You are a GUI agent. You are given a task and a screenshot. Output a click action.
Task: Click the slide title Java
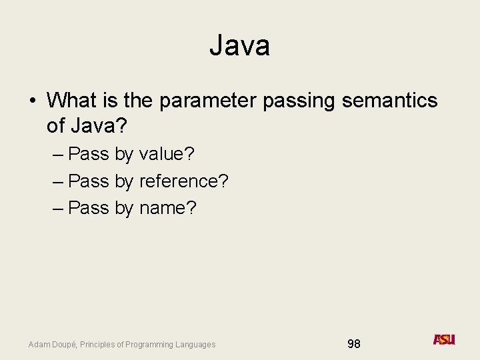coord(239,45)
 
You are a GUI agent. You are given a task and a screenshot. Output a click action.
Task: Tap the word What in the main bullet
coord(73,101)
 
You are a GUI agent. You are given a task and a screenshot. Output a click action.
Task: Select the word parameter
coord(208,101)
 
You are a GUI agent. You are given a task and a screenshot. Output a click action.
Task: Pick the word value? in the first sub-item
coord(167,154)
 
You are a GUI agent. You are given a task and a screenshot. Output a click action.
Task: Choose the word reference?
coord(184,181)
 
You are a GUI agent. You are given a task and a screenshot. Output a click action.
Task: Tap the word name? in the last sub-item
coord(168,208)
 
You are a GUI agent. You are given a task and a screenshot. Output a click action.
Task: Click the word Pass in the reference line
coord(89,181)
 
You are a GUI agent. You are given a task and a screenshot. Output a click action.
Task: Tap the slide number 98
coord(354,344)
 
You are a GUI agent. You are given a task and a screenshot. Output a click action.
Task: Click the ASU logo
coord(444,339)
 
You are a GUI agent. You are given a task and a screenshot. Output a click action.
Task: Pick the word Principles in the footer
coord(97,345)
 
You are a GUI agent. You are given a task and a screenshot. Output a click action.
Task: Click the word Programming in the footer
coord(153,345)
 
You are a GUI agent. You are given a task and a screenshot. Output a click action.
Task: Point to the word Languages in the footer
coord(197,345)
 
